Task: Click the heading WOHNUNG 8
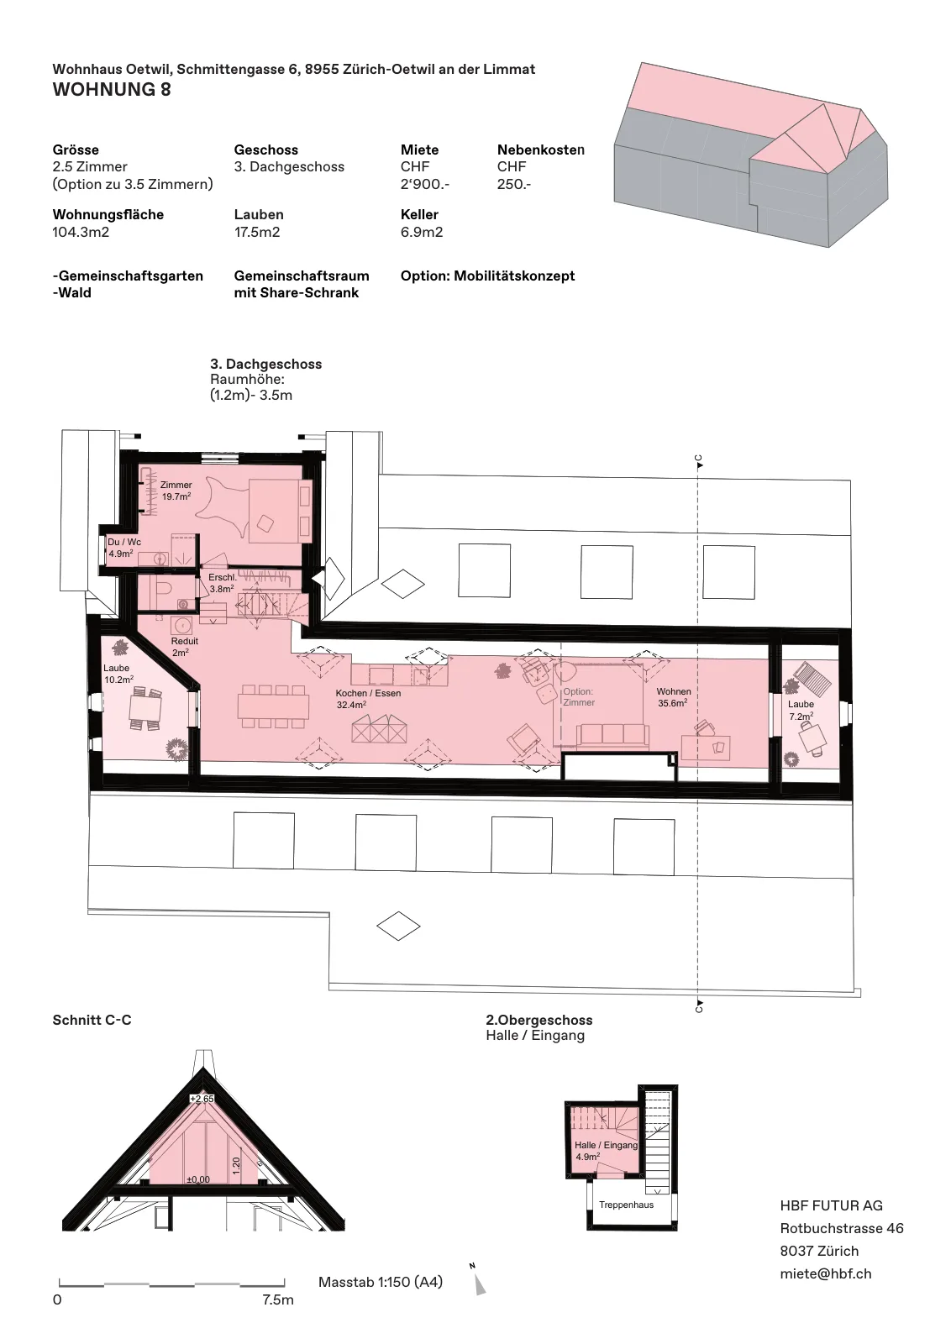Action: (x=112, y=89)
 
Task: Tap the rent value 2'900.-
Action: (x=425, y=184)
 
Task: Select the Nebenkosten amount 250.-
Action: (x=513, y=184)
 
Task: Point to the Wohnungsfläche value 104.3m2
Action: (x=81, y=232)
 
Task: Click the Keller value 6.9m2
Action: (x=422, y=232)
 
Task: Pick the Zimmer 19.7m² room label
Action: (x=176, y=491)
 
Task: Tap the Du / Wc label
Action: (x=124, y=547)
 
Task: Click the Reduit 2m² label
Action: (x=184, y=646)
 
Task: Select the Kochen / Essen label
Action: (x=369, y=698)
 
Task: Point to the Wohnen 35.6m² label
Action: (x=673, y=697)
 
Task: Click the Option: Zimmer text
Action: (x=578, y=696)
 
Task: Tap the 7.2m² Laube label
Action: (x=801, y=711)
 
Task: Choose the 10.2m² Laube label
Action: (x=118, y=673)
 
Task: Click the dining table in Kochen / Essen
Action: (x=273, y=706)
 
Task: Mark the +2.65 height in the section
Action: (x=202, y=1099)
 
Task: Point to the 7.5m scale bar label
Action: (x=278, y=1299)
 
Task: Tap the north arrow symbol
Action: (x=480, y=1284)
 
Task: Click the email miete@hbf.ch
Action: (x=826, y=1273)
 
